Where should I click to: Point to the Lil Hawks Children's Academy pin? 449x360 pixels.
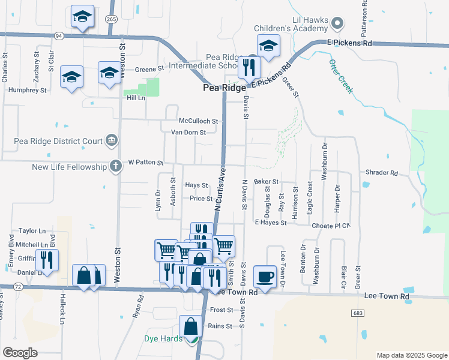click(x=337, y=24)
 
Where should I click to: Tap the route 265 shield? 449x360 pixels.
click(x=111, y=19)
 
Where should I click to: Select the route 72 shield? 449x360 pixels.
click(x=18, y=287)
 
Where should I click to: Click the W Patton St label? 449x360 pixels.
click(x=146, y=163)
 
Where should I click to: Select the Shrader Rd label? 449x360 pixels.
click(x=381, y=173)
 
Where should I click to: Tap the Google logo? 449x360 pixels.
click(x=20, y=353)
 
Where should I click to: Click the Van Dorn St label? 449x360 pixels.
click(x=188, y=132)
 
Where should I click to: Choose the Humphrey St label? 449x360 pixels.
click(x=28, y=90)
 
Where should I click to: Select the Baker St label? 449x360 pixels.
click(x=267, y=181)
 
